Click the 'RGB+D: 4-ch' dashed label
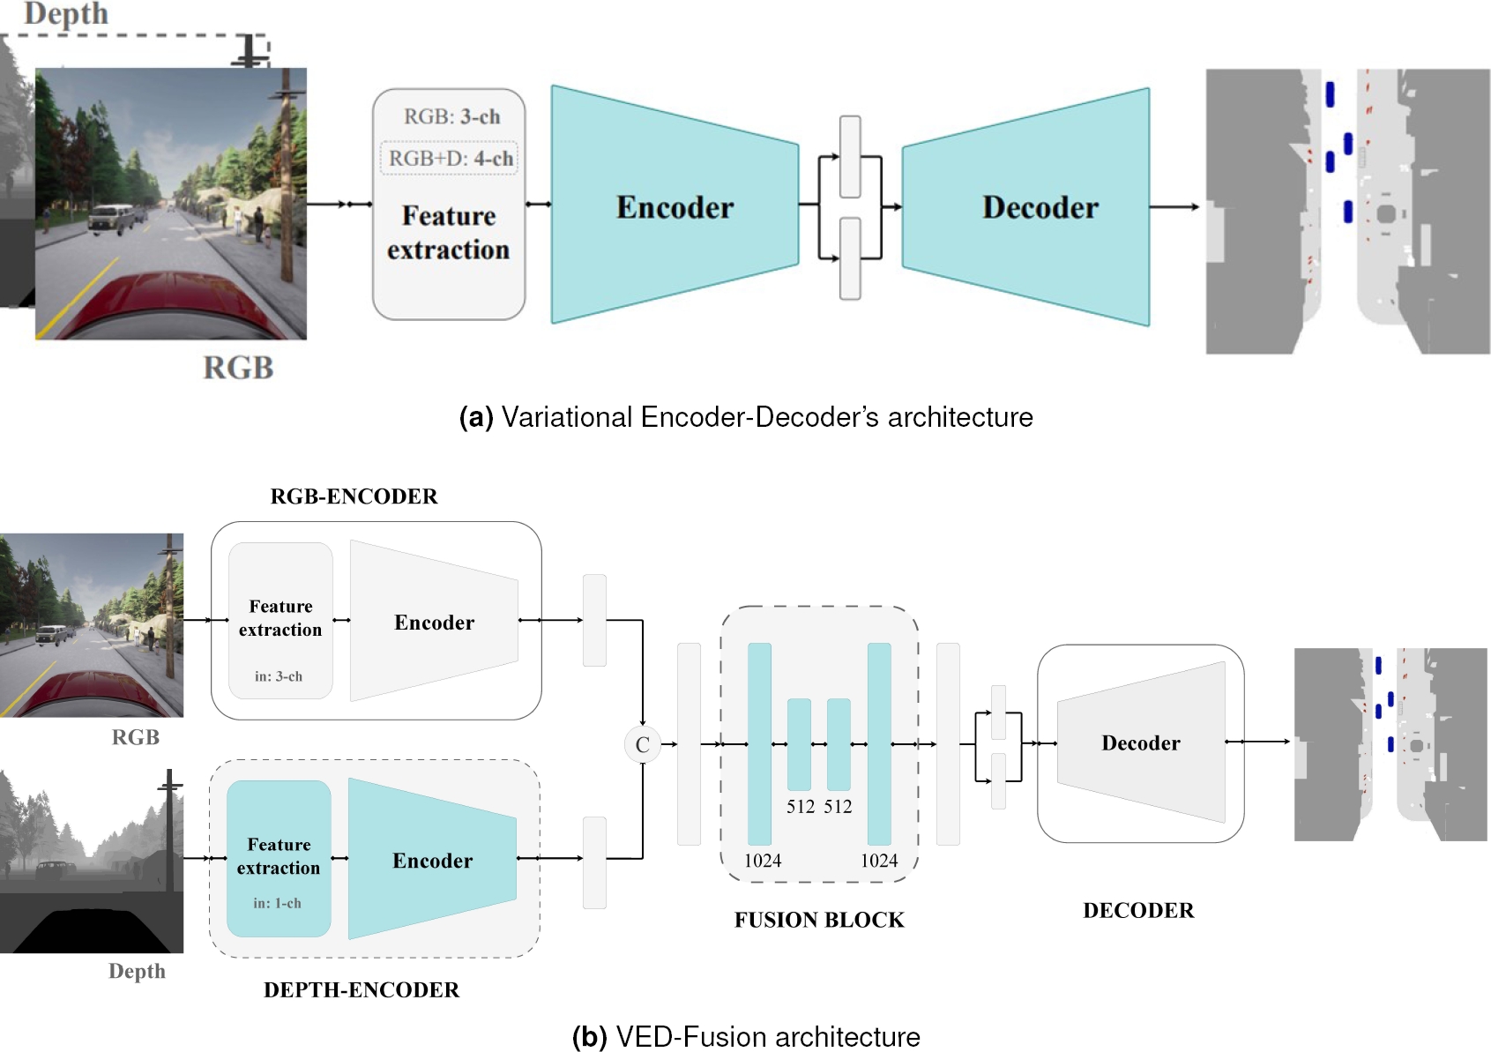[x=450, y=159]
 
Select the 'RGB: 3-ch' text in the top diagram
[x=451, y=117]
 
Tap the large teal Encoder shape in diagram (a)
[x=675, y=206]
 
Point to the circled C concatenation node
[x=642, y=744]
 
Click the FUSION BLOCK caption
[x=819, y=920]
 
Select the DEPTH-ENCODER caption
[x=362, y=989]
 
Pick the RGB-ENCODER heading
[x=354, y=496]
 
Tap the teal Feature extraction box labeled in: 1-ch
[x=279, y=858]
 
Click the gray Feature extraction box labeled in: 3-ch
[x=280, y=620]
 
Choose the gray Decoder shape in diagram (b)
[x=1141, y=742]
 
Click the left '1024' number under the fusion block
[x=763, y=861]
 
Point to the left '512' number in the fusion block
[x=801, y=807]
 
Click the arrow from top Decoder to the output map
[x=1175, y=207]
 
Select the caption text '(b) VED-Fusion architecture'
[x=746, y=1036]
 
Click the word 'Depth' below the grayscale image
[x=137, y=971]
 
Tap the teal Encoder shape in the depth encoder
[x=432, y=860]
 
